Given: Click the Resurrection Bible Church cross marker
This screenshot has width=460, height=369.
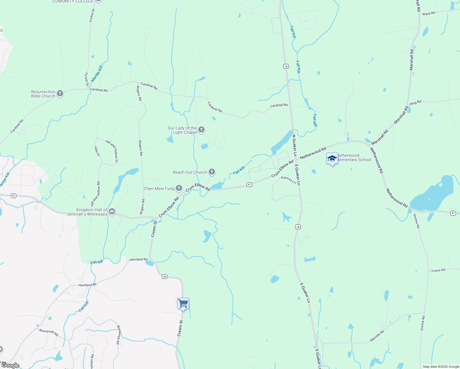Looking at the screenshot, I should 60,93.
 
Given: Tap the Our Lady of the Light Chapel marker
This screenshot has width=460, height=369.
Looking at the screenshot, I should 201,130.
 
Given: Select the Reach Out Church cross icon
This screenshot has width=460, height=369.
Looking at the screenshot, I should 212,172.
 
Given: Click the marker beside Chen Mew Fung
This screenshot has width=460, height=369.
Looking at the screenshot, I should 179,188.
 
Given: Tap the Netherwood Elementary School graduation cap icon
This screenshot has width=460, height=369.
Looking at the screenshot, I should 332,159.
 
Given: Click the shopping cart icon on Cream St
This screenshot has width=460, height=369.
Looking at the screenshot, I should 183,304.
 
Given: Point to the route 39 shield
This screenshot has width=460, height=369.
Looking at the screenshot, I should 165,277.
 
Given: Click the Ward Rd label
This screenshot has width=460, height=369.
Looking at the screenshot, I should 429,14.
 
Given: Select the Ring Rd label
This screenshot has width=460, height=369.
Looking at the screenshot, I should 415,103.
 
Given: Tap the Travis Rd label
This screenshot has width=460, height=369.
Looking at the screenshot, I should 438,271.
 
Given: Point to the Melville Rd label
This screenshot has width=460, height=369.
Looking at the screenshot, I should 377,336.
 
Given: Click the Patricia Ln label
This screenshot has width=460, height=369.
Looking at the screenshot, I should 288,180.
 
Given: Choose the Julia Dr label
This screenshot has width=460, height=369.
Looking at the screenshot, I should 97,151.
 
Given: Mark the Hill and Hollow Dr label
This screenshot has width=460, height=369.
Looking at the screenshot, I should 112,151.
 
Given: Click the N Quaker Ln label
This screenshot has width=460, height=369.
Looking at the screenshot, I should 294,145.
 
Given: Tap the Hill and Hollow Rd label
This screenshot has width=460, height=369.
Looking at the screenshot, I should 95,194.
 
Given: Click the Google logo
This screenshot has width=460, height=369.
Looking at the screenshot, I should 10,365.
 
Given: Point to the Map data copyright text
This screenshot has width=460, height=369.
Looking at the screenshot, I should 441,367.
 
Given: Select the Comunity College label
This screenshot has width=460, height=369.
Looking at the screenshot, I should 73,2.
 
